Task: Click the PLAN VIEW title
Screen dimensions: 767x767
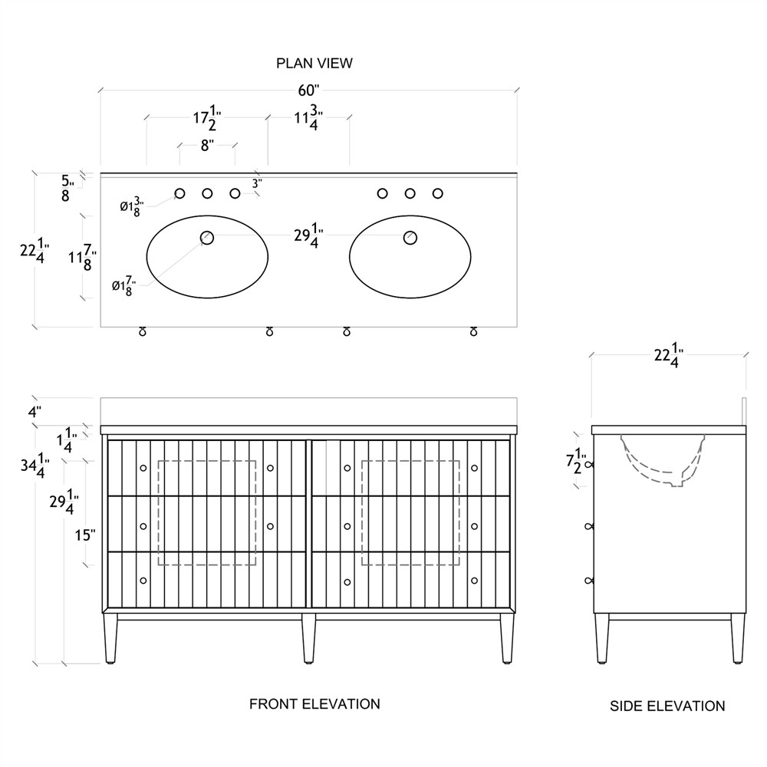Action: pyautogui.click(x=314, y=63)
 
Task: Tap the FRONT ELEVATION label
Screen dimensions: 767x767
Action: pyautogui.click(x=314, y=703)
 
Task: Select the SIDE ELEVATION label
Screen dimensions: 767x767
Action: pyautogui.click(x=667, y=706)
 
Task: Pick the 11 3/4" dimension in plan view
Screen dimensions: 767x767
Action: pyautogui.click(x=308, y=119)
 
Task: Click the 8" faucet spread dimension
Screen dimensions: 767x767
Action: pyautogui.click(x=207, y=145)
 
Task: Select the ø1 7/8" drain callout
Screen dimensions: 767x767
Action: pyautogui.click(x=123, y=287)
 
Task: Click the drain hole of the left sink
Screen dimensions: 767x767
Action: pyautogui.click(x=207, y=237)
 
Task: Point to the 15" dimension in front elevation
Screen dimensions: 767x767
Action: pyautogui.click(x=85, y=535)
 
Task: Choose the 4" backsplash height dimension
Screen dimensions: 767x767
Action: pyautogui.click(x=34, y=412)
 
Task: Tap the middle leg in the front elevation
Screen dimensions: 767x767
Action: pyautogui.click(x=308, y=638)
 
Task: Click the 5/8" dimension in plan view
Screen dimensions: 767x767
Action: pyautogui.click(x=67, y=188)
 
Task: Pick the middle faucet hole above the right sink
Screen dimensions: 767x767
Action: pyautogui.click(x=410, y=193)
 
